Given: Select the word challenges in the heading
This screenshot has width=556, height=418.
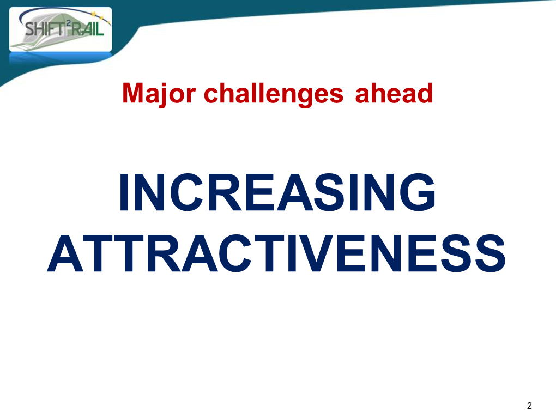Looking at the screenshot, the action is tap(274, 94).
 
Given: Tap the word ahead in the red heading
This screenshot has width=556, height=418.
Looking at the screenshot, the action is tap(394, 93).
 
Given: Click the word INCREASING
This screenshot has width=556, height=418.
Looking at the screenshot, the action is tap(277, 192).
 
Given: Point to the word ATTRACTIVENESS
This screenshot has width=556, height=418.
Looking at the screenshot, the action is tap(276, 253).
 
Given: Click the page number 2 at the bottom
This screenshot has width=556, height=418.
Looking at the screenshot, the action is tap(529, 405).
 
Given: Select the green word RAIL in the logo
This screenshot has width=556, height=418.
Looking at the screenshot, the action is tap(88, 28).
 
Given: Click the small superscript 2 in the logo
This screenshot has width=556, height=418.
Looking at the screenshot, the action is tap(69, 23).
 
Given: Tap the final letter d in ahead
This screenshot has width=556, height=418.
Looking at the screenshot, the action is tap(425, 93).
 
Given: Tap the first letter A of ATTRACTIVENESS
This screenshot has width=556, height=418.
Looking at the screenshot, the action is tap(65, 253).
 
